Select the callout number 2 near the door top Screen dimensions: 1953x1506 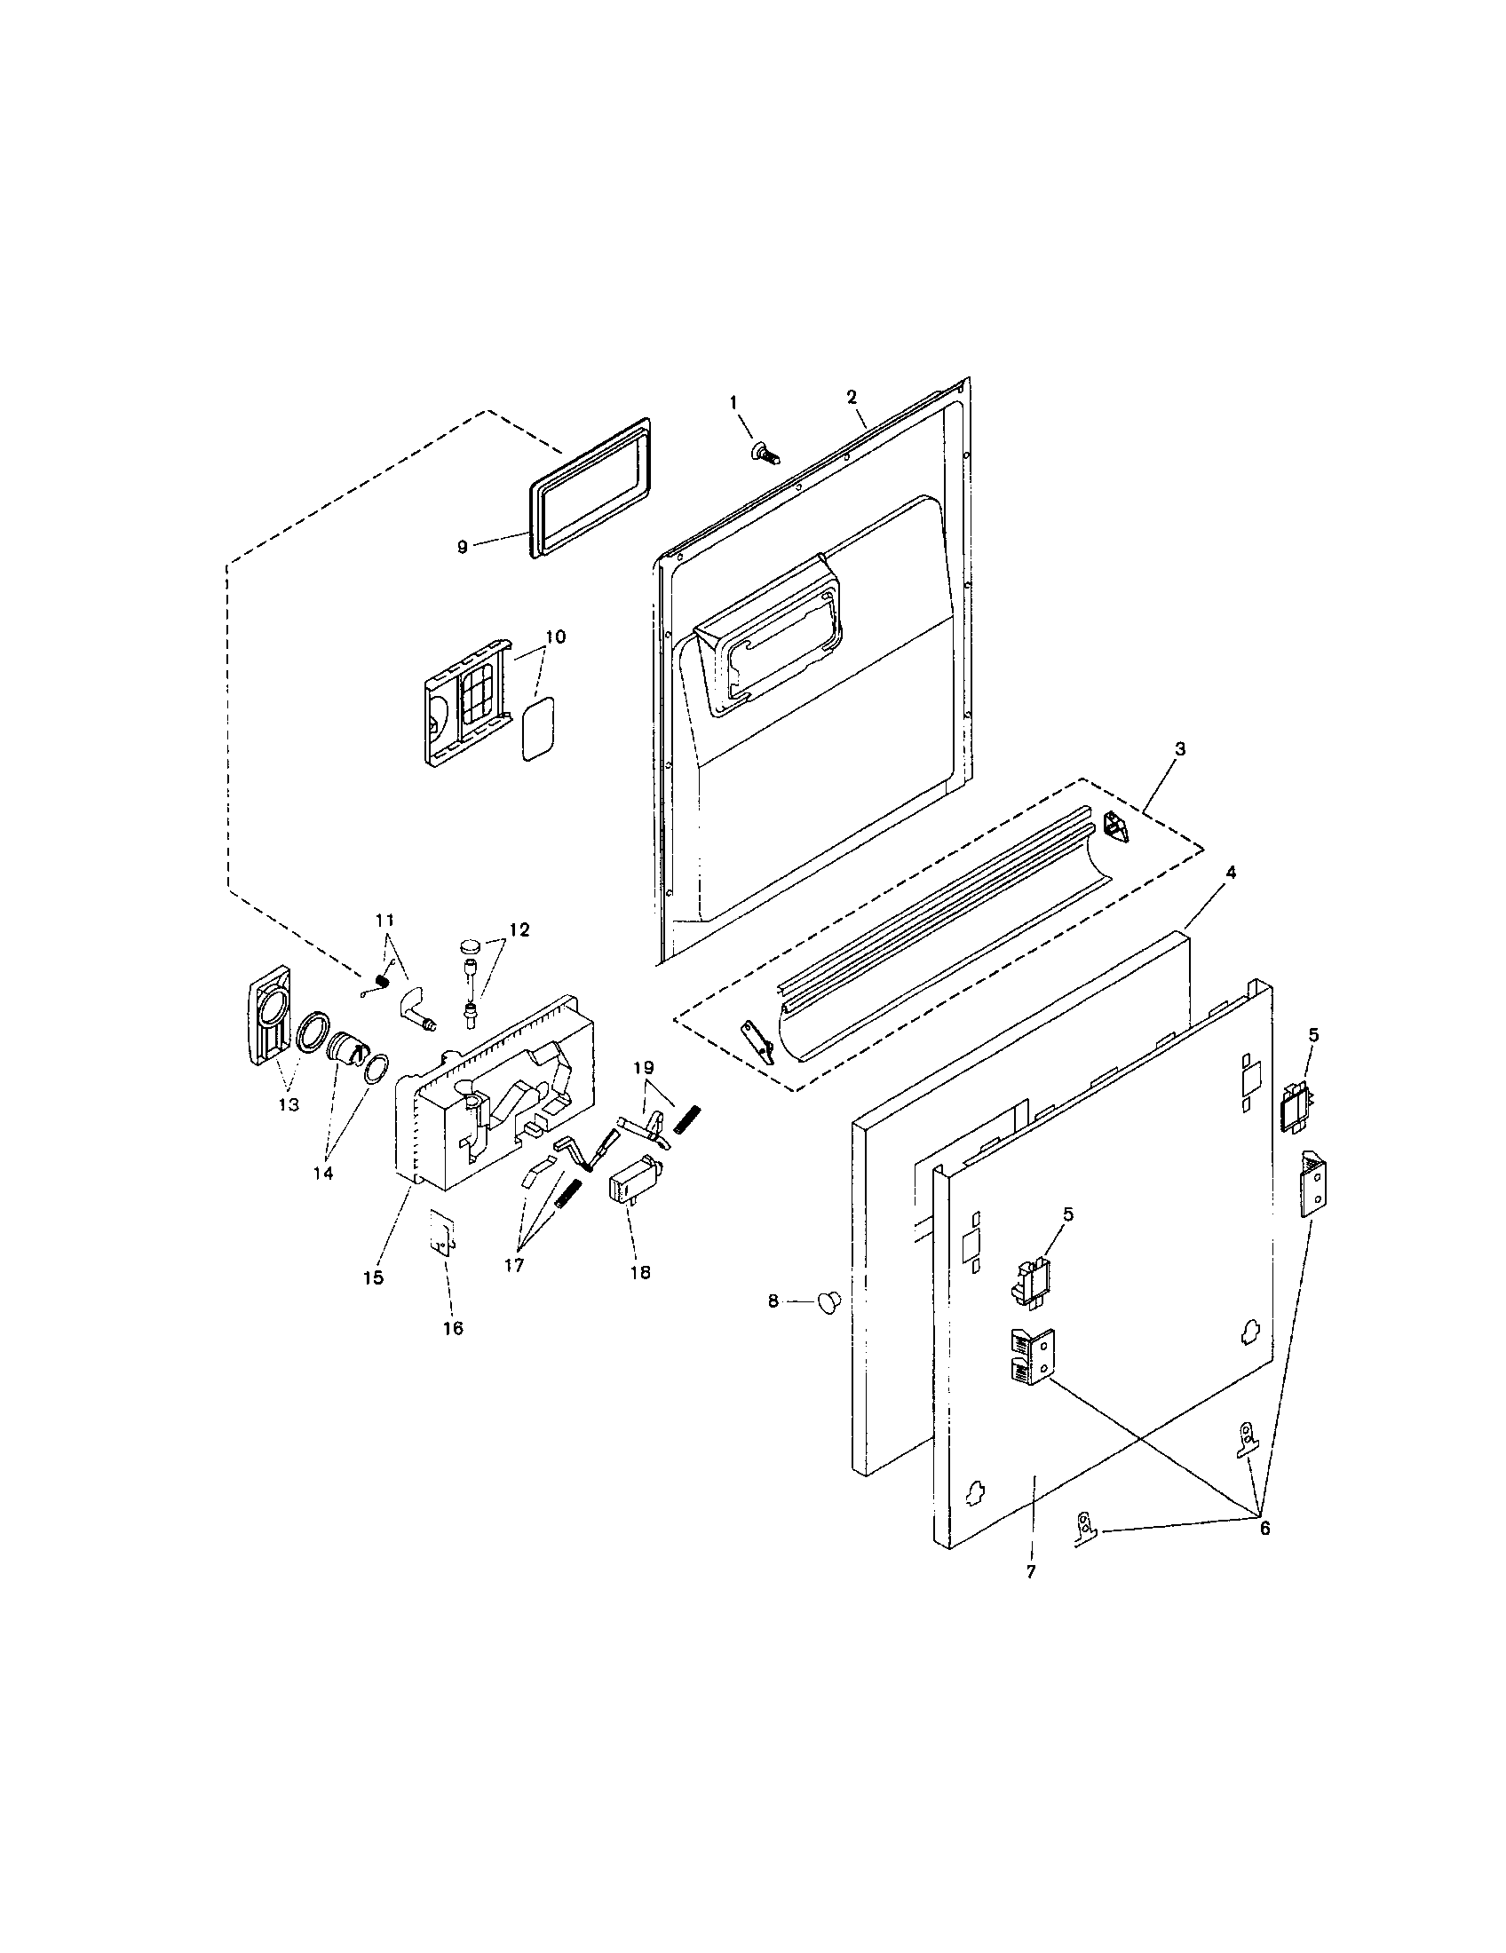coord(852,396)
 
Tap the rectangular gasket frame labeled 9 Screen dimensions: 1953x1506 coord(591,488)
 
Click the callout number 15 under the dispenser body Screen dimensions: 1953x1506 coord(373,1277)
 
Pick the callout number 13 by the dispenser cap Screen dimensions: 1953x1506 coord(288,1104)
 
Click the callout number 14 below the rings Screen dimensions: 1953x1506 coord(323,1174)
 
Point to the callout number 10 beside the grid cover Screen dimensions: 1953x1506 coord(554,637)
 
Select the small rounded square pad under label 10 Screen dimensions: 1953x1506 coord(538,730)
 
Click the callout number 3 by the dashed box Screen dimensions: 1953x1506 coord(1179,749)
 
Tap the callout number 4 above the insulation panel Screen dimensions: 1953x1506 coord(1230,873)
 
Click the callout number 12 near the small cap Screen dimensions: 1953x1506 coord(519,930)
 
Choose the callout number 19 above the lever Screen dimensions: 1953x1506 coord(644,1067)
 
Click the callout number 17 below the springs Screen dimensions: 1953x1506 coord(513,1264)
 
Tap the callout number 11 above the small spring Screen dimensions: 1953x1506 coord(384,920)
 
